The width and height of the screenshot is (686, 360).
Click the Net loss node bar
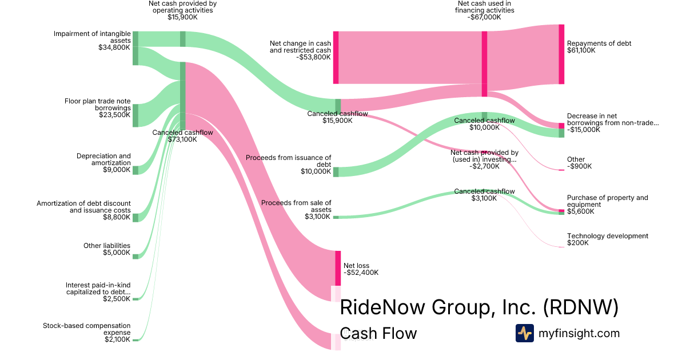point(338,268)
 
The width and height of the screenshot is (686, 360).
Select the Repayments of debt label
point(599,43)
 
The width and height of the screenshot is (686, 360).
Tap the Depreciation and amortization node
point(135,170)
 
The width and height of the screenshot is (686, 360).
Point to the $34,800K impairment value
point(114,47)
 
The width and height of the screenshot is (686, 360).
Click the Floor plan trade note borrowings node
point(135,115)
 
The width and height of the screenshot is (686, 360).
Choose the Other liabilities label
point(107,246)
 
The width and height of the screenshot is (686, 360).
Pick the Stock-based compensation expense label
point(87,329)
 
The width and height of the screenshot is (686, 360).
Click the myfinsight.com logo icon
point(524,333)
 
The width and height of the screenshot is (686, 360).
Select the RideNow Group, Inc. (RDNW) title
point(479,307)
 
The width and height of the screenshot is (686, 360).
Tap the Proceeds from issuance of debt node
point(336,172)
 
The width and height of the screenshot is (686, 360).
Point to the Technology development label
point(607,236)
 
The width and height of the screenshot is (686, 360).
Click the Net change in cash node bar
point(336,58)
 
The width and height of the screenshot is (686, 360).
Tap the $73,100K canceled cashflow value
point(182,139)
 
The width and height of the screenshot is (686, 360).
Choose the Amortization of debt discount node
point(135,217)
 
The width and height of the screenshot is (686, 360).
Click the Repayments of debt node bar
point(561,54)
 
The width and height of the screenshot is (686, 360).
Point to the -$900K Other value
point(579,166)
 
